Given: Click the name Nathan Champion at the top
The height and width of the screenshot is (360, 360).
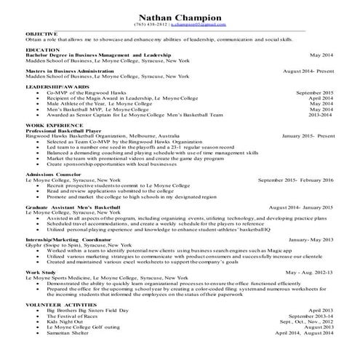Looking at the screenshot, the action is coord(180,16).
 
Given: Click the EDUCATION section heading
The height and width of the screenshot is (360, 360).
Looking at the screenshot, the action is coord(42,50).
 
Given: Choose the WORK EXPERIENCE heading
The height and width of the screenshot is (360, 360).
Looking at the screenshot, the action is coord(52,126).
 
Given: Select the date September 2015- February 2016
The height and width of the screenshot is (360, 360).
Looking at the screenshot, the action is coord(295,180).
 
